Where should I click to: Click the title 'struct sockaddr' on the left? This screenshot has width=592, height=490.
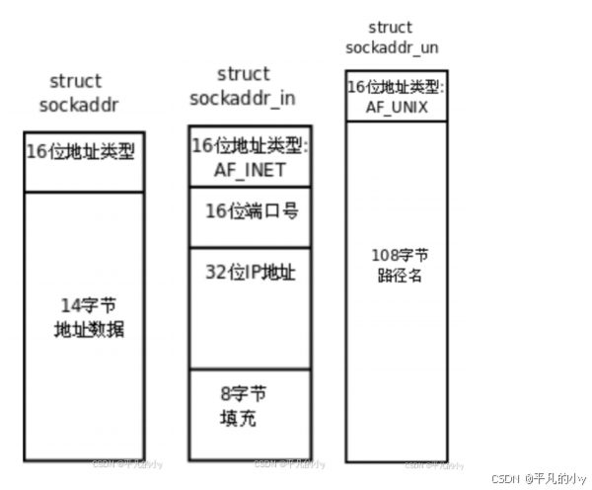[x=76, y=93]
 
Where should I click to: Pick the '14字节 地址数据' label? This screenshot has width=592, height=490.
[x=90, y=317]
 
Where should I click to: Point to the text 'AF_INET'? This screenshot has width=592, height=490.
[x=250, y=169]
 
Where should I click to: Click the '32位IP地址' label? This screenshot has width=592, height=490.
[x=251, y=274]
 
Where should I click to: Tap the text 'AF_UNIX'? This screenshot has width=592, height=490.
[x=395, y=107]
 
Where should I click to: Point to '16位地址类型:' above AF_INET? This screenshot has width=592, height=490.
[x=251, y=146]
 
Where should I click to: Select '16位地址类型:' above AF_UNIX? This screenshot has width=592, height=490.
[x=396, y=88]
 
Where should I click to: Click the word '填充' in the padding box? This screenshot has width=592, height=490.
[x=238, y=418]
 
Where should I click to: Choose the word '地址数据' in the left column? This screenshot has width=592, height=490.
[x=90, y=329]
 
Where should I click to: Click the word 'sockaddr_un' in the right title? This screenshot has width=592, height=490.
[x=391, y=46]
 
